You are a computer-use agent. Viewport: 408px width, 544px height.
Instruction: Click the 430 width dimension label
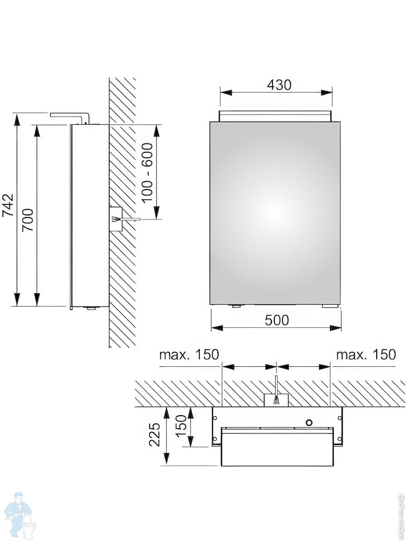pos(279,85)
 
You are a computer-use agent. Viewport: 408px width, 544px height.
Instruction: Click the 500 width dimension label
pos(277,320)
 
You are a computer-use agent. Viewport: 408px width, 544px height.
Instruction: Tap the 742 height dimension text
pos(8,205)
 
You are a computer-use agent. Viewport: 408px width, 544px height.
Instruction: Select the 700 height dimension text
pos(28,220)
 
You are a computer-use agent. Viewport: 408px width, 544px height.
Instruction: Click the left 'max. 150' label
pos(189,355)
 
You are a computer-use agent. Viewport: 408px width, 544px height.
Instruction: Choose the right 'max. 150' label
pos(366,355)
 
